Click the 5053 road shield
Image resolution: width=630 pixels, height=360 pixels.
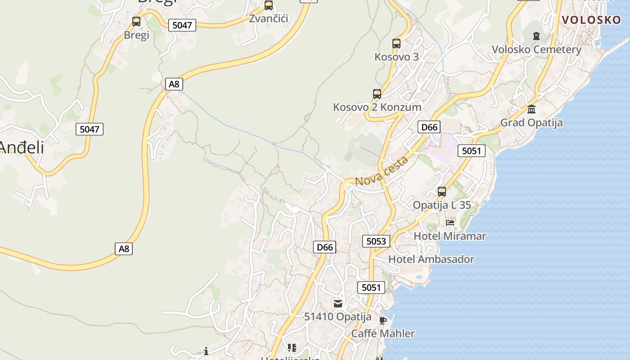point(376,241)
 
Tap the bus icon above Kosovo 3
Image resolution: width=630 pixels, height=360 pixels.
point(396,44)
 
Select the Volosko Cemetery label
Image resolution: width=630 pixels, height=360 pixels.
point(536,49)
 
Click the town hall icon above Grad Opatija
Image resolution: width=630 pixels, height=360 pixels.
point(531,109)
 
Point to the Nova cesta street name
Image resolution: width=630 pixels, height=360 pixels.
point(382,171)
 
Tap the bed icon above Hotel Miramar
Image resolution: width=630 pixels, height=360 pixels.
point(450,223)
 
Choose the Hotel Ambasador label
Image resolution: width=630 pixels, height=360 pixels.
point(431,259)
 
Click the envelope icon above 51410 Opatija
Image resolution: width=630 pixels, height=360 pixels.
point(338,304)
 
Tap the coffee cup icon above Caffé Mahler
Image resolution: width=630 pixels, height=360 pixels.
point(382,320)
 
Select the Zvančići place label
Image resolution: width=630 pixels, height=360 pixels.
point(269,19)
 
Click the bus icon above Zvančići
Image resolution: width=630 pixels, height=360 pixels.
point(269,5)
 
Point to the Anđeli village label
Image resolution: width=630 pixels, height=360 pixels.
point(22,147)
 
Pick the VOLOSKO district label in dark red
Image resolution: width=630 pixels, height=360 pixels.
point(591,20)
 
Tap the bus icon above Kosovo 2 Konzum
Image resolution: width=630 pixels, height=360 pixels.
point(377,94)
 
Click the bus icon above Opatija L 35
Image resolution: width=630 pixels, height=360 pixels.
point(442,192)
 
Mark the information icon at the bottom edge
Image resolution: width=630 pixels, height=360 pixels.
point(206,351)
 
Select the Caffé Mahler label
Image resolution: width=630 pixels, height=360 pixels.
point(382,333)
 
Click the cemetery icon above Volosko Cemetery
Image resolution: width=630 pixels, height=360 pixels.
point(536,36)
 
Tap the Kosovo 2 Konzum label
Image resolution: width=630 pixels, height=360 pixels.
point(377,107)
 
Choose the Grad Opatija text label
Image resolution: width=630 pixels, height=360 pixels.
point(531,122)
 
